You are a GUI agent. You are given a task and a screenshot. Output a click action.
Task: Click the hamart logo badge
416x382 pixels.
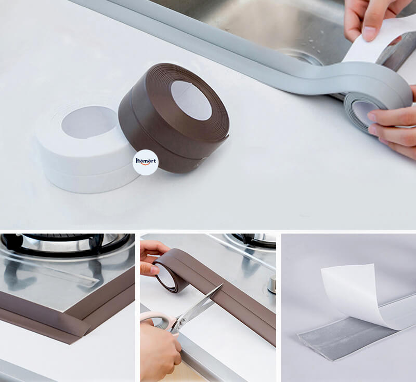146,162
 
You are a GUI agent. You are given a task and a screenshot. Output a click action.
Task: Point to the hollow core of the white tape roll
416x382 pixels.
89,122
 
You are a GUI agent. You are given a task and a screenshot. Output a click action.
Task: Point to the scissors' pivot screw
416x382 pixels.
183,322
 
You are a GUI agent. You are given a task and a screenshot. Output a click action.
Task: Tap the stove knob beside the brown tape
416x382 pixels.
271,284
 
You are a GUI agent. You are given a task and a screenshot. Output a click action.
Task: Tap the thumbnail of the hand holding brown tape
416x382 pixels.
154,270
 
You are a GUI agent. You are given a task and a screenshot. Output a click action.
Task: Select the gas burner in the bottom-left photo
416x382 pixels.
67,246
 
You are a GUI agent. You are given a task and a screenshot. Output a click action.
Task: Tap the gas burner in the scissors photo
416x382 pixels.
252,240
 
